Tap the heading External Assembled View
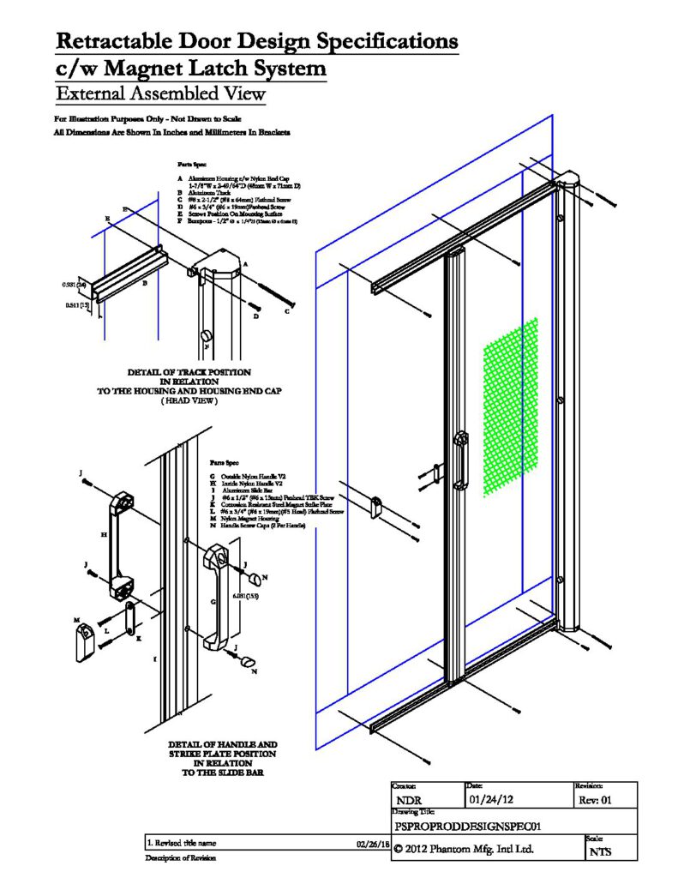160,93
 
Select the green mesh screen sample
511,406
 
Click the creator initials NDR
412,801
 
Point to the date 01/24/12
492,800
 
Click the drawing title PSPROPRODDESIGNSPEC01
462,827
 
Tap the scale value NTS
601,851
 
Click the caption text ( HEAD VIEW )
189,401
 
